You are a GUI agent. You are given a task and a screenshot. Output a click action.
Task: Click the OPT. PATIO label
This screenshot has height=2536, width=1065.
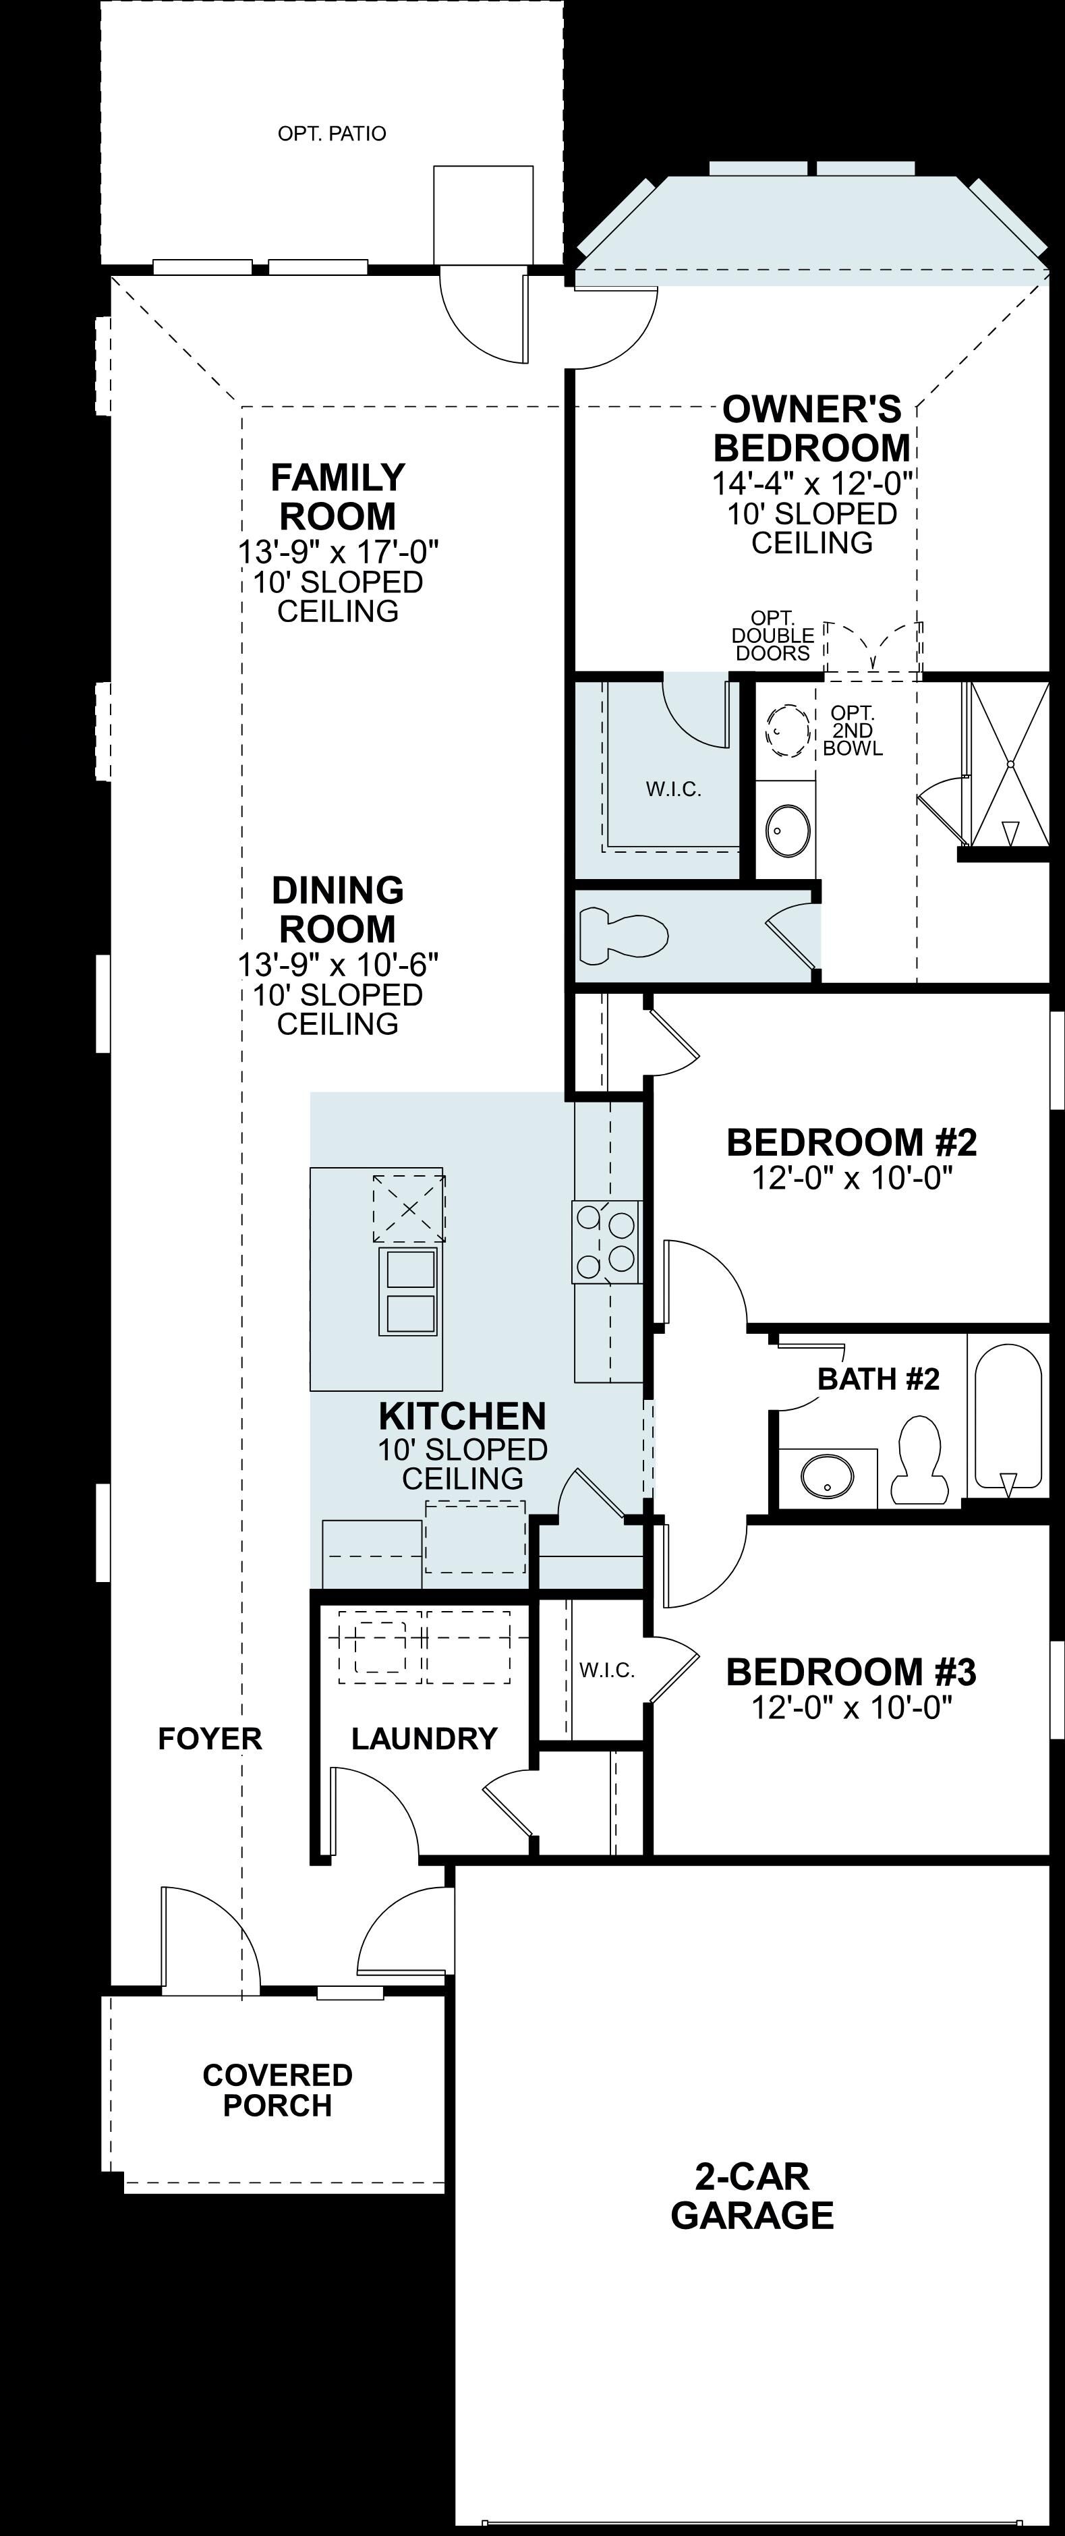332,133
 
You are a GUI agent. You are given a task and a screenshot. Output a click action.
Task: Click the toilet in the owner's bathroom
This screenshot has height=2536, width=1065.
623,935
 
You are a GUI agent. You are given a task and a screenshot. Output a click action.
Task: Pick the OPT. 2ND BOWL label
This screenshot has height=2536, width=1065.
853,731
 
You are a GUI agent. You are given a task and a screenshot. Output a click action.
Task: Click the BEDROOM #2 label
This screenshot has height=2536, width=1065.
851,1142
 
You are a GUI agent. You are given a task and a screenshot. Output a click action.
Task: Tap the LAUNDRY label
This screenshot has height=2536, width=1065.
424,1739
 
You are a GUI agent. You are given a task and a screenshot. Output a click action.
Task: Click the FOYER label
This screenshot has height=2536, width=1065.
210,1739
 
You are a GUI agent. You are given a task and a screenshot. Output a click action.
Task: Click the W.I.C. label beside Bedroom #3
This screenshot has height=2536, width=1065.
607,1670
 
